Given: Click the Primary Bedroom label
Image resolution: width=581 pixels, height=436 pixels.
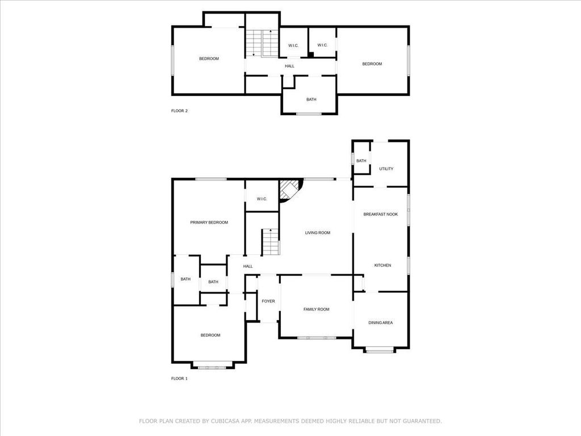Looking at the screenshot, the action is (209, 223).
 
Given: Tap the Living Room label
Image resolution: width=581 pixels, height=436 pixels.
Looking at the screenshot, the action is (318, 233).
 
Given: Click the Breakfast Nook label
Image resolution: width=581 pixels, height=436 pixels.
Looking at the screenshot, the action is (381, 214).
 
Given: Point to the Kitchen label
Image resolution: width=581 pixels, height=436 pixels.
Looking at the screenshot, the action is (383, 266).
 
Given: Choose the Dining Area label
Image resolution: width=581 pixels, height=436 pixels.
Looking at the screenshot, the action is (381, 323).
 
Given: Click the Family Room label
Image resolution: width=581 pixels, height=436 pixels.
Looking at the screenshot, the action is (317, 309).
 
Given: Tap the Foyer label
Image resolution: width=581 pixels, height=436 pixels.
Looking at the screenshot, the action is (268, 301).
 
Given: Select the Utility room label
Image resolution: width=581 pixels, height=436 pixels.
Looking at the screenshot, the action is (386, 169).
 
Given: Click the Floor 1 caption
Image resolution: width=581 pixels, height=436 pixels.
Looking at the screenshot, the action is (179, 379).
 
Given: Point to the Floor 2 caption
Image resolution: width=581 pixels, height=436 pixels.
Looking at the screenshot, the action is (179, 111).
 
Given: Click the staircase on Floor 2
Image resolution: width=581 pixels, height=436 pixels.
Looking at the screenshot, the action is (262, 43).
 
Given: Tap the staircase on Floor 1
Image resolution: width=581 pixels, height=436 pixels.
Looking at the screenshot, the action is (271, 242).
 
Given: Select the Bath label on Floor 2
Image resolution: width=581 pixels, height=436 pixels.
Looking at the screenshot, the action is (311, 99).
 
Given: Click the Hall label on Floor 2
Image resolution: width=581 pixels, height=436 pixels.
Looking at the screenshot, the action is (290, 66).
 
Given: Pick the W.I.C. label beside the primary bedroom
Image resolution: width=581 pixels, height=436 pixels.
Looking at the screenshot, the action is (262, 199).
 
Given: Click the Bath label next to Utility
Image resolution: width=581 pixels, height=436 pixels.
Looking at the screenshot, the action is (361, 161).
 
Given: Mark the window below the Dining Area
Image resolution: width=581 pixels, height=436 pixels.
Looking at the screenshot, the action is (380, 350).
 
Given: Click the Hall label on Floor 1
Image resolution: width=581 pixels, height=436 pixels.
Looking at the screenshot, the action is (248, 266).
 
